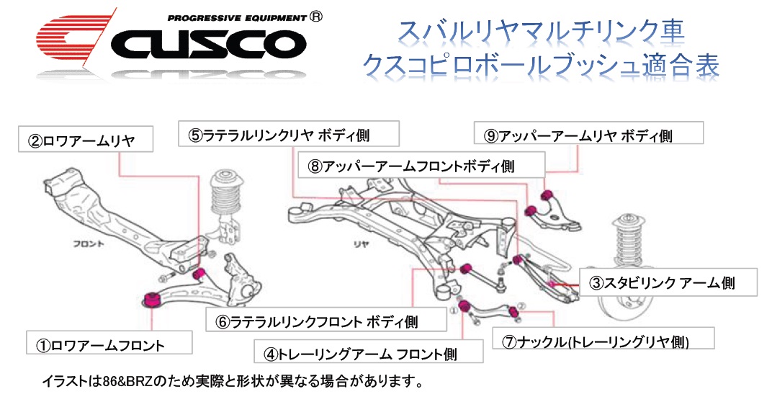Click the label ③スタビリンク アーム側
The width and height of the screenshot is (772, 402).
(668, 282)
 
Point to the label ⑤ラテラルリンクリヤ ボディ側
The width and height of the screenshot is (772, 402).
(279, 134)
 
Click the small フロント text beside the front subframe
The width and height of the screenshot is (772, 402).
(89, 244)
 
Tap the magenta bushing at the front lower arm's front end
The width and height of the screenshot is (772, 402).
(152, 298)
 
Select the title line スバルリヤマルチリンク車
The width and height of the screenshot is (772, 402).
(540, 30)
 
